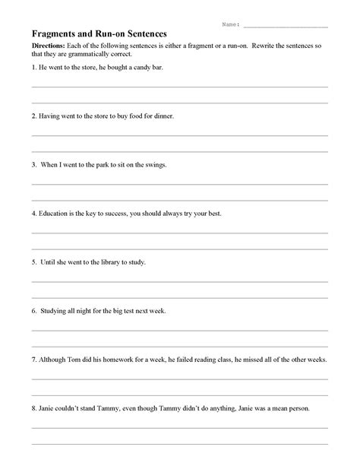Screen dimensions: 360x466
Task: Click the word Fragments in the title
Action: tap(54, 34)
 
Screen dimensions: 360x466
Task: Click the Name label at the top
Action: tap(230, 24)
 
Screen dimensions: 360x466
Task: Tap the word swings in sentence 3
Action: tap(154, 164)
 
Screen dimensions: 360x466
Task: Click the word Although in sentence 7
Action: tap(54, 359)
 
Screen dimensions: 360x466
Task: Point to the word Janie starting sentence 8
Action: tap(47, 407)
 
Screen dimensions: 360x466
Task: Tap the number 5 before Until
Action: tap(33, 262)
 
